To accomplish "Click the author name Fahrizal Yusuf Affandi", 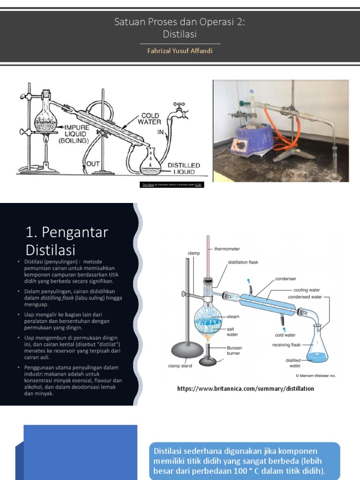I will [180, 51].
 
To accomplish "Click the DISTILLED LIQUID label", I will [184, 169].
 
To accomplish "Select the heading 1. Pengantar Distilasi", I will [67, 240].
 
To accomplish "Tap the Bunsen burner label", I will [235, 351].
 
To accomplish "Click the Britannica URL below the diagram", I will [246, 389].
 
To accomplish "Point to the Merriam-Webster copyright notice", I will [315, 375].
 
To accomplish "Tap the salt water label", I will [232, 332].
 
